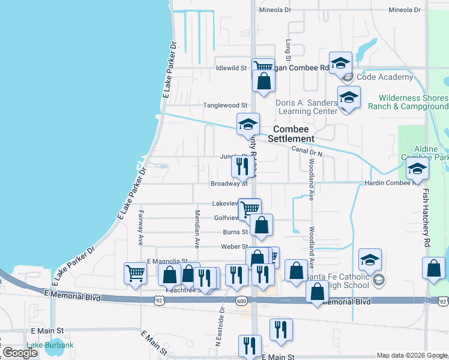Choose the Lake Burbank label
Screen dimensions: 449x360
click(50, 345)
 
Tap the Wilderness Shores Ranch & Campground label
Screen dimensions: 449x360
click(414, 102)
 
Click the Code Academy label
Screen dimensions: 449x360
click(385, 77)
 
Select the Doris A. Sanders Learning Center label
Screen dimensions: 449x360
click(307, 107)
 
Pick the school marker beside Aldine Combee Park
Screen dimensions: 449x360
click(417, 169)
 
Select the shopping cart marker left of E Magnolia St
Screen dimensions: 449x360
click(135, 273)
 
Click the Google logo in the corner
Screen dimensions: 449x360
click(20, 353)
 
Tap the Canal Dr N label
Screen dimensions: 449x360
click(308, 152)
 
